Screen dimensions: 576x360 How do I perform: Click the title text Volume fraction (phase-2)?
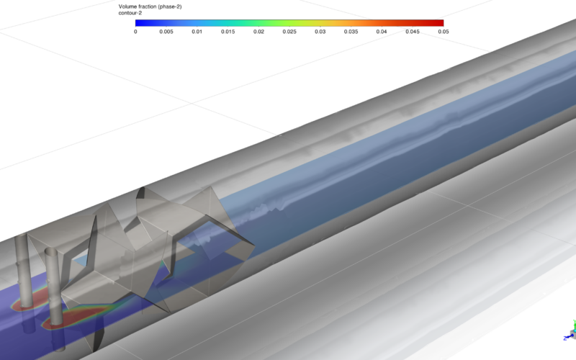tap(150, 6)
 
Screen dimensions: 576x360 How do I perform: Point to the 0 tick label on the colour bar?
tap(135, 32)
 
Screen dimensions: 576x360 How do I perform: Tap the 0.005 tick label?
tap(166, 32)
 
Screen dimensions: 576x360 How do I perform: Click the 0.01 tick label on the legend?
tap(197, 32)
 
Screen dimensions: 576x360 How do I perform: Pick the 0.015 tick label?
tap(228, 32)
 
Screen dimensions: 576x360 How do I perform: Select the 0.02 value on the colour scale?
tap(258, 32)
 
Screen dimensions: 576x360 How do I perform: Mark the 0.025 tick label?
tap(289, 32)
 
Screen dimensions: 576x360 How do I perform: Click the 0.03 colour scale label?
tap(320, 32)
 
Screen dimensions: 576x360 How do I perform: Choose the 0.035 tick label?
tap(351, 32)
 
